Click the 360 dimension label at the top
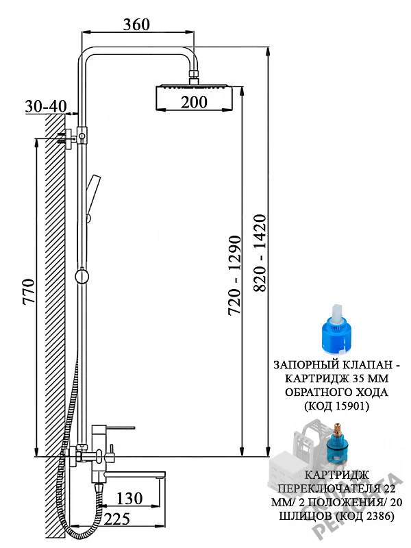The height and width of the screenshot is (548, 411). (136, 25)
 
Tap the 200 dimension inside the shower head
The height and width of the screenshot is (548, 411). (194, 102)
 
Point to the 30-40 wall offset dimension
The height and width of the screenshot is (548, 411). (46, 106)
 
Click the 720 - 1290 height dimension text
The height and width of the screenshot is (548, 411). (234, 276)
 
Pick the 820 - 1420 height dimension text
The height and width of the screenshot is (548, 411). (260, 253)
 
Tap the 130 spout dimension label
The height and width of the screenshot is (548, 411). (129, 499)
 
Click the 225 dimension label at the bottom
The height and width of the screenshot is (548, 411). (117, 519)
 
